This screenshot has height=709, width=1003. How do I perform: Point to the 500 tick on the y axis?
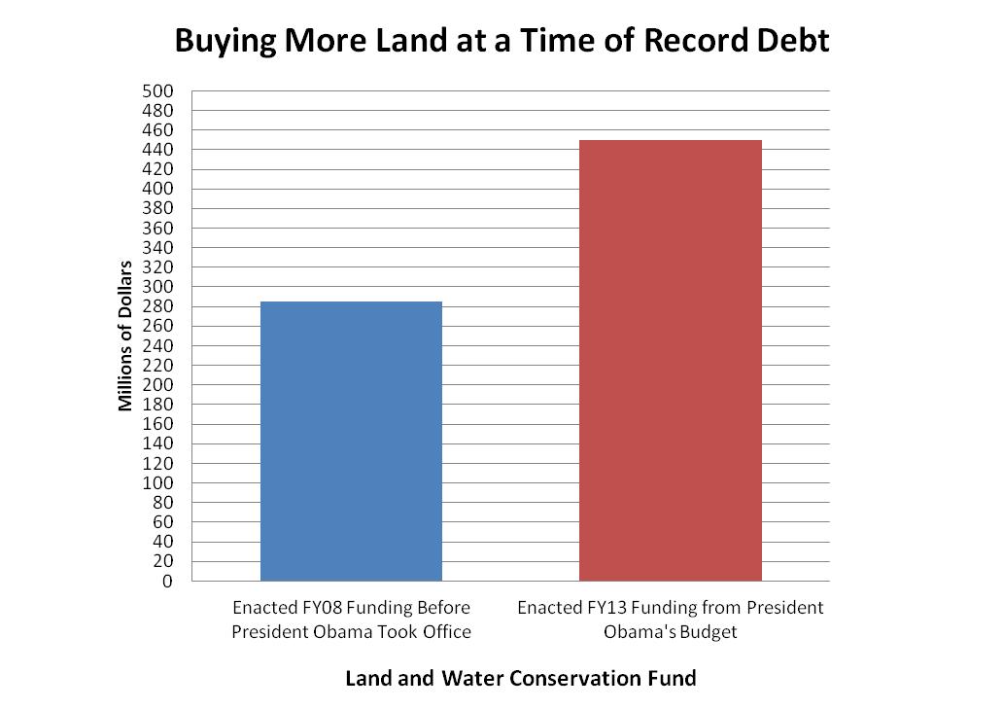tap(158, 91)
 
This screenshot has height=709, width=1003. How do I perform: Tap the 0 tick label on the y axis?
tap(167, 582)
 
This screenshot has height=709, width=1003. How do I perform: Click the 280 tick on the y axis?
tap(158, 307)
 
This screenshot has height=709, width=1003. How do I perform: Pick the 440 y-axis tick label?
tap(158, 150)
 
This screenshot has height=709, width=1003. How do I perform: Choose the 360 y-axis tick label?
tap(158, 229)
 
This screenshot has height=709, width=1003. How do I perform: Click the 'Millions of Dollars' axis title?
tap(125, 336)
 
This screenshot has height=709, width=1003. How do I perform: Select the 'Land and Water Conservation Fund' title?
tap(521, 678)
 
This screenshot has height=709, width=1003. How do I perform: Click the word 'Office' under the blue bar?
tap(443, 632)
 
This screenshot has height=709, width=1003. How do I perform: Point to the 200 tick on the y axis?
tap(158, 385)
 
